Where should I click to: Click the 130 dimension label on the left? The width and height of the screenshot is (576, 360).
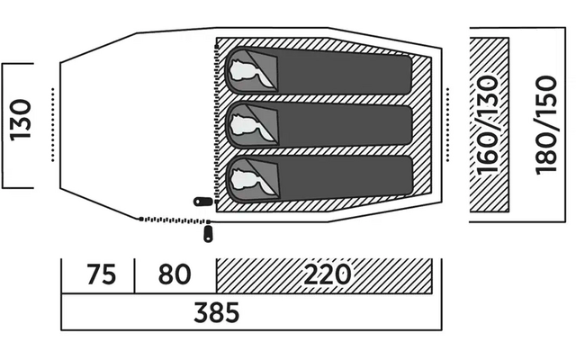(x=21, y=125)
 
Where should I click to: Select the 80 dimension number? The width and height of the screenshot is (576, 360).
(x=175, y=275)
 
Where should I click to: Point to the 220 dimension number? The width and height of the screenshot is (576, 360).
(x=327, y=275)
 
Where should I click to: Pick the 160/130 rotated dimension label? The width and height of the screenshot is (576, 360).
(x=489, y=125)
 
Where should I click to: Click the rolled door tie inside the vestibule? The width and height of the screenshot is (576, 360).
(x=202, y=202)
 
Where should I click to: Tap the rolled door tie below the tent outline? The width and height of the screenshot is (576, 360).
(x=209, y=234)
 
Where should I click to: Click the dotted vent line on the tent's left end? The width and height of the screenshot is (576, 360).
(x=54, y=124)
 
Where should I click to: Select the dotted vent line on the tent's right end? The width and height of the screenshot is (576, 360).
(x=449, y=124)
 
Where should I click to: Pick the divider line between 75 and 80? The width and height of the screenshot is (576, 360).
(x=134, y=275)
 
